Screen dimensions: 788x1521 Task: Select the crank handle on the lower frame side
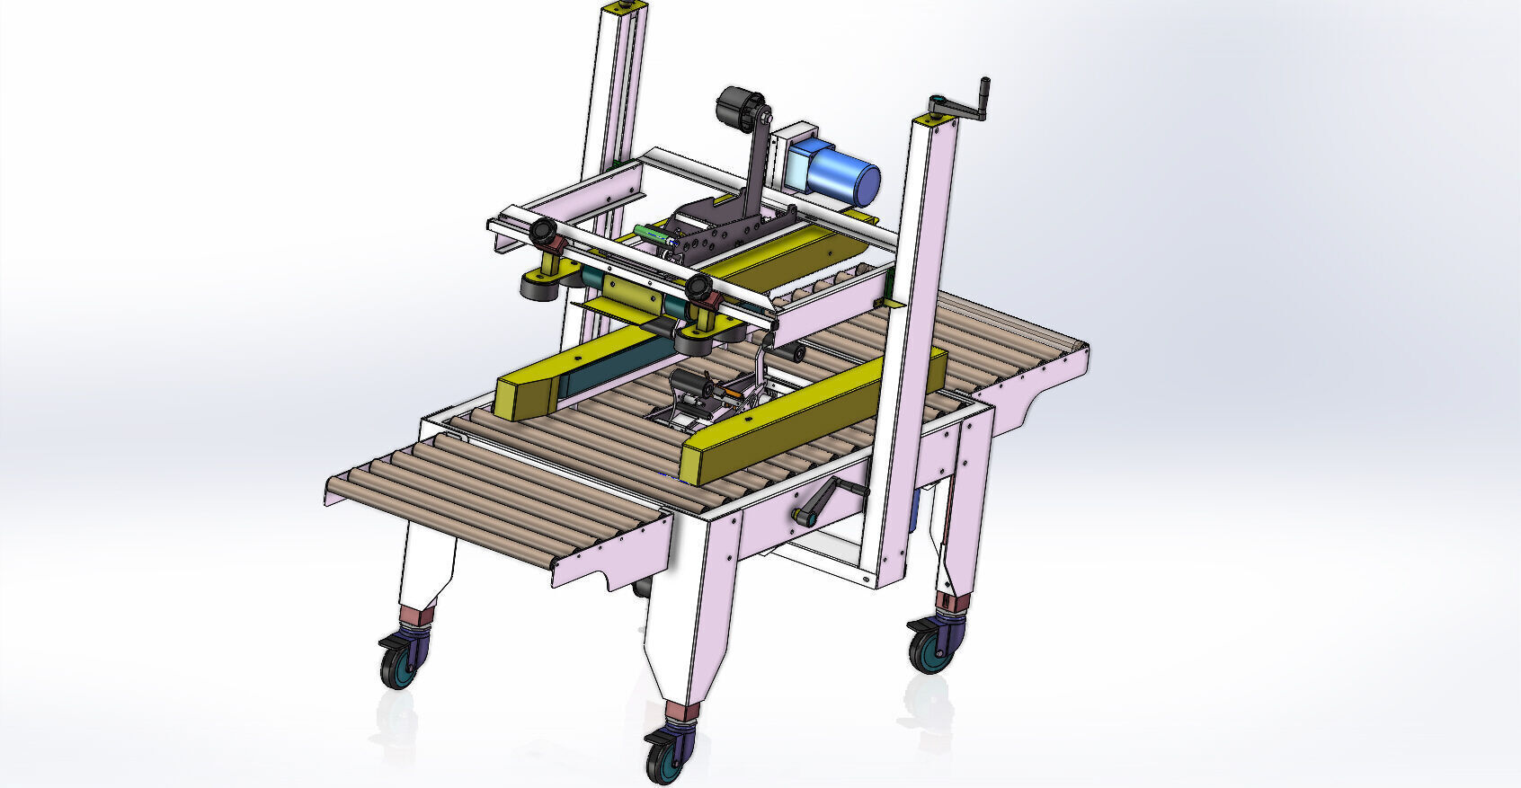(x=832, y=500)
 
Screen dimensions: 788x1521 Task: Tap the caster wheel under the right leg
(x=929, y=650)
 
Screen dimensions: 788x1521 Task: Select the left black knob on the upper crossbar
(x=543, y=233)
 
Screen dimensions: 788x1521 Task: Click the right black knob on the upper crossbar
(x=699, y=289)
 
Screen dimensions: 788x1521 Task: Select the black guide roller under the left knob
(x=539, y=287)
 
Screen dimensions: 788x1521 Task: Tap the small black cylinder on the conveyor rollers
(x=790, y=354)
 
